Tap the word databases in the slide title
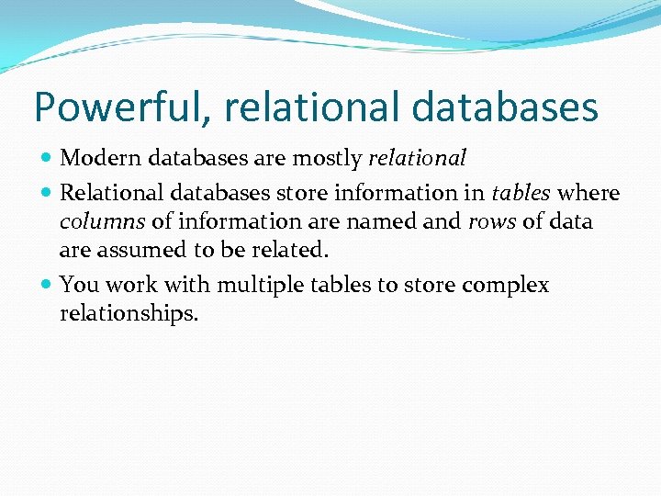pos(505,107)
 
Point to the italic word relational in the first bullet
pos(417,158)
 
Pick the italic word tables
pos(522,194)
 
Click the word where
pos(589,194)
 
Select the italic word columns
pos(101,222)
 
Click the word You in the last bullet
pos(76,286)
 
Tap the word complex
pos(505,286)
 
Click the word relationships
pos(129,314)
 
